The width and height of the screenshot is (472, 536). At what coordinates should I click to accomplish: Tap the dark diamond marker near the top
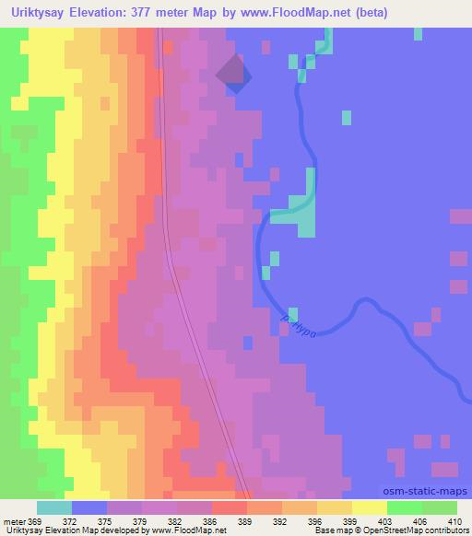click(x=232, y=74)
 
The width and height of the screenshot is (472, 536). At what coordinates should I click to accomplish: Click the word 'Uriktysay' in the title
click(x=38, y=13)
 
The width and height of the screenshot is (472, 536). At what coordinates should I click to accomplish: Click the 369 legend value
click(x=35, y=521)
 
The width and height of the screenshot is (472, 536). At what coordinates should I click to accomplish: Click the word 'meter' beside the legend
click(x=14, y=521)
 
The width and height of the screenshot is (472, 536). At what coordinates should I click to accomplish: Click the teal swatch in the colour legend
click(x=53, y=507)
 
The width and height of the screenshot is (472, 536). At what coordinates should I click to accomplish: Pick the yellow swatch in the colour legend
click(x=369, y=507)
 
